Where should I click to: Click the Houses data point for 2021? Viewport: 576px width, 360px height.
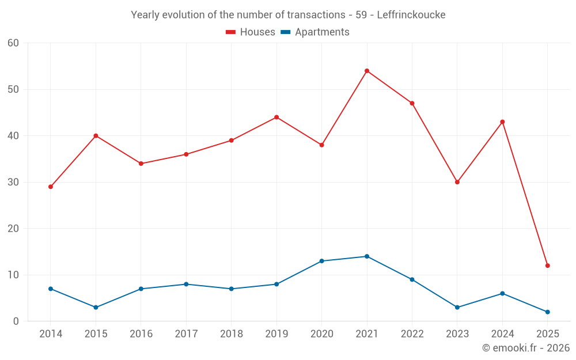click(x=367, y=71)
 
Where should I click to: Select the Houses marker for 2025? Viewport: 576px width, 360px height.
click(x=548, y=266)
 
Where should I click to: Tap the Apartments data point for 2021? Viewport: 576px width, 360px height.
click(x=367, y=256)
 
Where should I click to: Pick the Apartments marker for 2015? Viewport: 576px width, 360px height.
click(x=96, y=307)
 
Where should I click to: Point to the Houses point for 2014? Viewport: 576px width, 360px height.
click(x=51, y=187)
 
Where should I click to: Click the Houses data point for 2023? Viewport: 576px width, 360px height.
click(x=457, y=182)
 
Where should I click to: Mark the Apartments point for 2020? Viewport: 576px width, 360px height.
click(x=321, y=261)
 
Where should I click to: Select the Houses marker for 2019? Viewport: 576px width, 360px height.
click(x=276, y=118)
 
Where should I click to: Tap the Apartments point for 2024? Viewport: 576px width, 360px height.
click(x=502, y=293)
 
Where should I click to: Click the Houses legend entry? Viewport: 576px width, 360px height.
click(x=251, y=32)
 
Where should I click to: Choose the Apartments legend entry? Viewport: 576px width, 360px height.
click(x=315, y=32)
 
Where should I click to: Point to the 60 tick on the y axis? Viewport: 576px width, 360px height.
click(x=14, y=43)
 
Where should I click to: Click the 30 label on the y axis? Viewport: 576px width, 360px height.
click(x=14, y=182)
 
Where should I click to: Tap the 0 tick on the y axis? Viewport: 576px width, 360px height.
click(x=17, y=321)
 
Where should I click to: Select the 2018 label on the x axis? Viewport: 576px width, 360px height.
click(x=231, y=334)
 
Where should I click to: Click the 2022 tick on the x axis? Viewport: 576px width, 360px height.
click(x=412, y=334)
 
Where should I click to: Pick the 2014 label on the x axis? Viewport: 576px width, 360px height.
click(x=51, y=334)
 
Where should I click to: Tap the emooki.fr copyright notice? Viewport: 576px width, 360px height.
click(x=525, y=348)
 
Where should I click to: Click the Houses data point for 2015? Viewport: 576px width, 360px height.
click(x=96, y=136)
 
